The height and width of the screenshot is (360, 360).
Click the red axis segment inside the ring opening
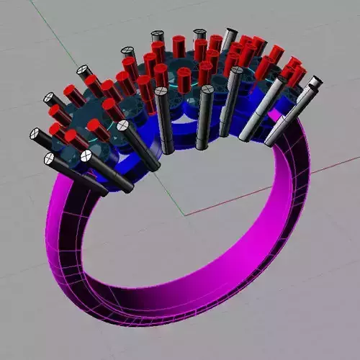(216, 205)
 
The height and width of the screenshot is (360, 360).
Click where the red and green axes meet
(185, 215)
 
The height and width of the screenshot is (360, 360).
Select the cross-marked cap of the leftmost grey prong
(35, 133)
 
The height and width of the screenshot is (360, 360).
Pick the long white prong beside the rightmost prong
(265, 108)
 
